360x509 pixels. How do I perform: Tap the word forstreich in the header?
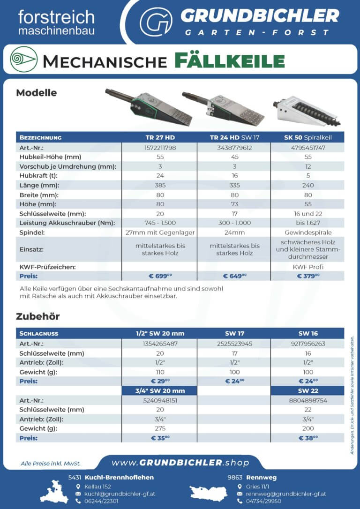point(56,17)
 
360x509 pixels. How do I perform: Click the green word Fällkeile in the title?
point(230,61)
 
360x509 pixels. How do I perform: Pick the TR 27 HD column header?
point(160,137)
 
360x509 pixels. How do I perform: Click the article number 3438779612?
point(234,147)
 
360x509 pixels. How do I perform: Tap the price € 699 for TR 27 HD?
point(160,276)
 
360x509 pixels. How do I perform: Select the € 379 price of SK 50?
point(307,276)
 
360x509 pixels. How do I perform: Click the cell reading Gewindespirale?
point(307,232)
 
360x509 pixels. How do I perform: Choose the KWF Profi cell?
point(307,267)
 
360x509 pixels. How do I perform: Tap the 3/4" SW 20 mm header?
point(160,390)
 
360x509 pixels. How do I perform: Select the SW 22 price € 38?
point(307,438)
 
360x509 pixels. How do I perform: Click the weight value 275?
point(160,428)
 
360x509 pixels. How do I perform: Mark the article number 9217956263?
point(307,344)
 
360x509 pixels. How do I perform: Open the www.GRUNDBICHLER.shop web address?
point(180,463)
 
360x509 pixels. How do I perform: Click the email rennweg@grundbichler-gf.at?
point(286,494)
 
